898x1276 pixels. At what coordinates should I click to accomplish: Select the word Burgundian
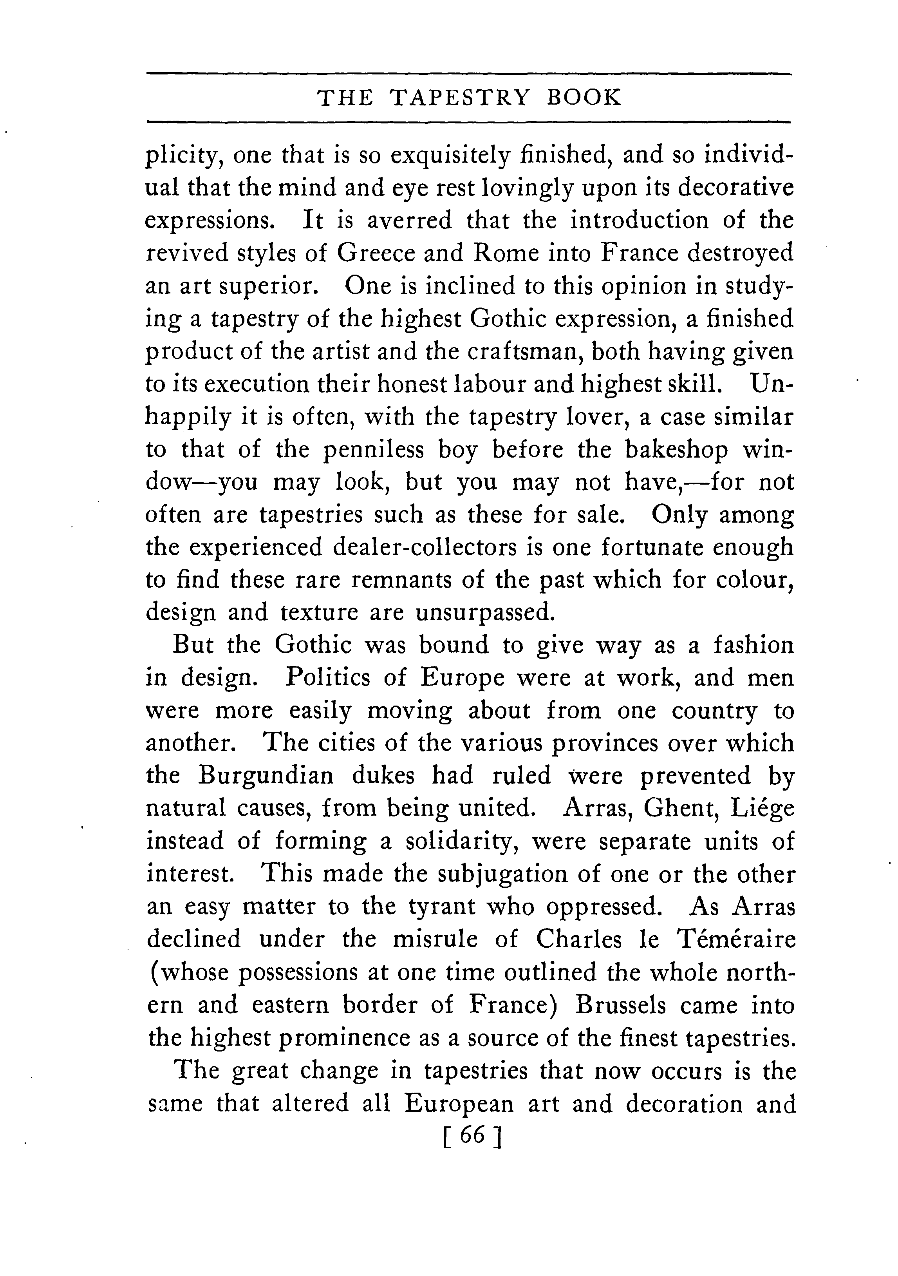click(x=266, y=776)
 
